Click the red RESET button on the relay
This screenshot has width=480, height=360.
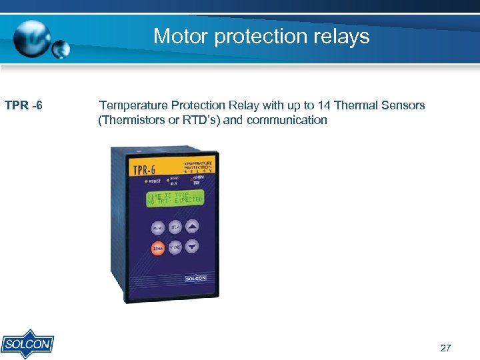click(x=158, y=249)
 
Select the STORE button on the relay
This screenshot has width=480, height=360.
click(x=175, y=247)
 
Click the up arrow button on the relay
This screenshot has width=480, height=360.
click(x=192, y=227)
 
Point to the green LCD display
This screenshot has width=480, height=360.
click(x=175, y=199)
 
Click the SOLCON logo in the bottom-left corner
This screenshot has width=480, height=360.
click(x=27, y=343)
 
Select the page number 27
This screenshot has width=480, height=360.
click(x=446, y=348)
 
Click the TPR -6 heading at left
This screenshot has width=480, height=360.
click(x=24, y=105)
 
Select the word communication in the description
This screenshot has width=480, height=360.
click(x=288, y=120)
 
